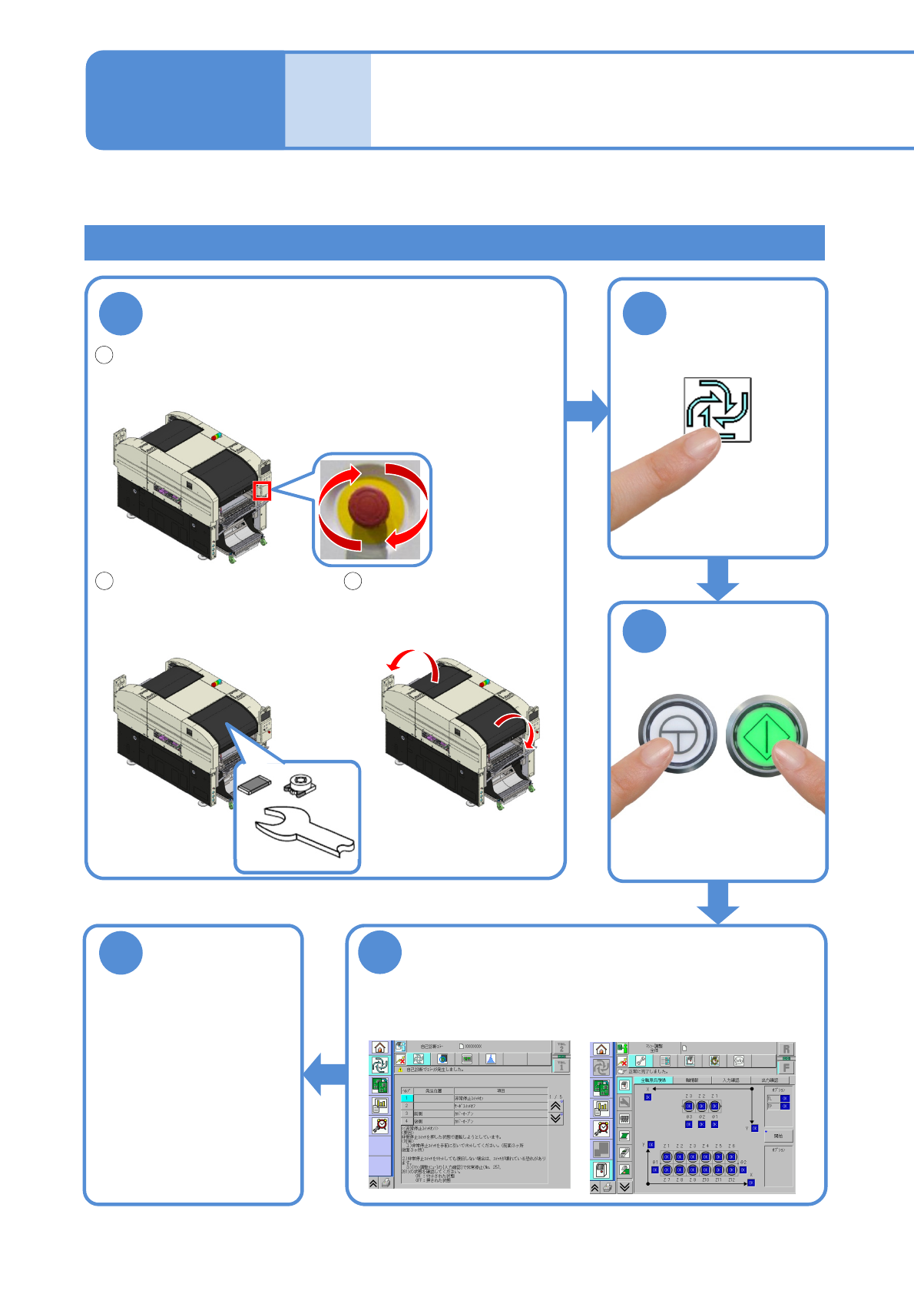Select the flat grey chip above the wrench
[254, 785]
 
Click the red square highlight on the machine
[262, 489]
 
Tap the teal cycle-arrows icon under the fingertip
[717, 408]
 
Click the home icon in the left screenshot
[379, 1047]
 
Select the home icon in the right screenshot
[601, 1049]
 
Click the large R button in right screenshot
[786, 1050]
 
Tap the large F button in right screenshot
[786, 1067]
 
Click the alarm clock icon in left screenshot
[379, 1125]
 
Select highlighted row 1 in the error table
[407, 1098]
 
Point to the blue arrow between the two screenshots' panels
[323, 1073]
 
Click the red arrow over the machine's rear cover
[415, 662]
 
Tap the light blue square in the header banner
[328, 100]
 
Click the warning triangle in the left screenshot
[400, 1070]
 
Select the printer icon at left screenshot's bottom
[386, 1183]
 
